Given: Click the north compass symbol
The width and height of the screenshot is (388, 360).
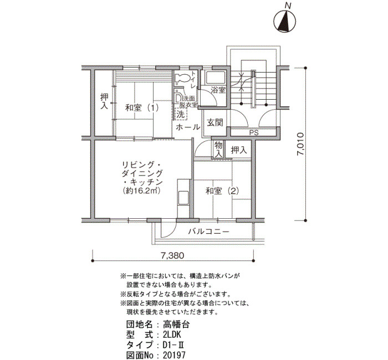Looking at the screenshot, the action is coord(285,21).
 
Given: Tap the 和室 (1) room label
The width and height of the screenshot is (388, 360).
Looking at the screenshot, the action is coord(141,108).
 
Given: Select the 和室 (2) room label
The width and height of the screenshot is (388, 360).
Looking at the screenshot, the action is coord(222,191).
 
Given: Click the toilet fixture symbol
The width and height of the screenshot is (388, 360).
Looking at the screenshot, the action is coord(182,78).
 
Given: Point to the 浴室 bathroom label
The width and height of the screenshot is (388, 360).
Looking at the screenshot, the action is coord(218,90).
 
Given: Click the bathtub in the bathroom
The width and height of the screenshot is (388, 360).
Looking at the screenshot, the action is coord(215,78).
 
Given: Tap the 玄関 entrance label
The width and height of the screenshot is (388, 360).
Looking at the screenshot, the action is coord(215,122).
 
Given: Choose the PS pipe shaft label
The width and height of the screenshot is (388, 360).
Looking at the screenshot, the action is coord(254,133).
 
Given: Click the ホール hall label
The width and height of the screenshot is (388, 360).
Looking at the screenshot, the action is coord(188,127).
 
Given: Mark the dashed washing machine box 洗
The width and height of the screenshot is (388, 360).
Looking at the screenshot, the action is coord(181,114).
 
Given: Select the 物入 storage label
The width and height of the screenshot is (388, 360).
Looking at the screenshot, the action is coord(218,149).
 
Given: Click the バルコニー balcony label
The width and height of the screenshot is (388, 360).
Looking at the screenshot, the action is coord(208,232).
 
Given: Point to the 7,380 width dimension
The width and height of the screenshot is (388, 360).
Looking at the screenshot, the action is coord(173,255).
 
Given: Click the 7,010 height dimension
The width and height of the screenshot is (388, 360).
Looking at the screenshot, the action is coord(300,144).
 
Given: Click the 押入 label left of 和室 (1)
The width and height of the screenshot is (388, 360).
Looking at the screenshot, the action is coord(104,101).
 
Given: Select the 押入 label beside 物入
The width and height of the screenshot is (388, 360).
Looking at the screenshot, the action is coord(239,150).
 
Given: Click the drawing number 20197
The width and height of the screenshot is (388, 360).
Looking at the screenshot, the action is coord(174,355).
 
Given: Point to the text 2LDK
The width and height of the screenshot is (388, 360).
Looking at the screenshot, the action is coord(172,335).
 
